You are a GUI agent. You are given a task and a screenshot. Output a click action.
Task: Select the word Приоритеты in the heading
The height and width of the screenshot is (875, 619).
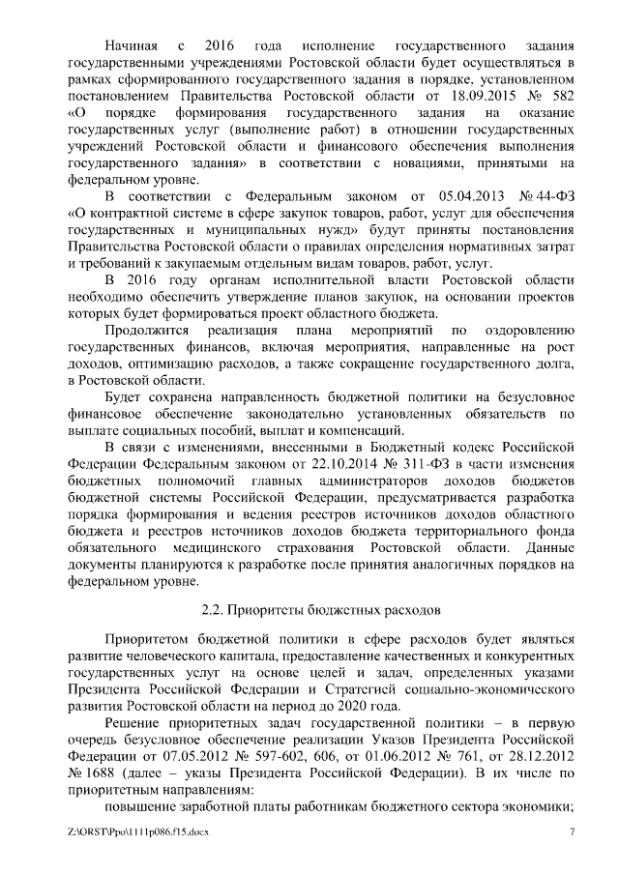[x=265, y=611]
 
